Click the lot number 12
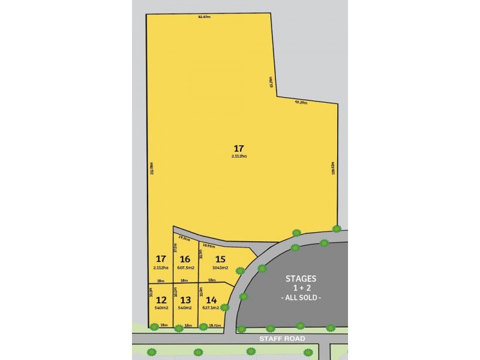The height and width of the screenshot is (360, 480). [x=161, y=299]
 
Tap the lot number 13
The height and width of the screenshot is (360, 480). [x=185, y=299]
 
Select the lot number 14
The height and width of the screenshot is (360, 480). [x=211, y=299]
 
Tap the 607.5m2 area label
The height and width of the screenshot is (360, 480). [x=185, y=268]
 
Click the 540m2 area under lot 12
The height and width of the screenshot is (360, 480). [x=161, y=308]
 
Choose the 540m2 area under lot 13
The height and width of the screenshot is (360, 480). [x=185, y=308]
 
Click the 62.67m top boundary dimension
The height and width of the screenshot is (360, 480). [x=204, y=17]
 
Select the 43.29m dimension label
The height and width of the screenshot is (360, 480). [x=301, y=103]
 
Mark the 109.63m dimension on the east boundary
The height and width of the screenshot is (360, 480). [x=332, y=167]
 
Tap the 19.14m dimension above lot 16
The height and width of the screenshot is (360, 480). [x=185, y=239]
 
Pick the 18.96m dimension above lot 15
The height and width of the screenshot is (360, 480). [x=209, y=245]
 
